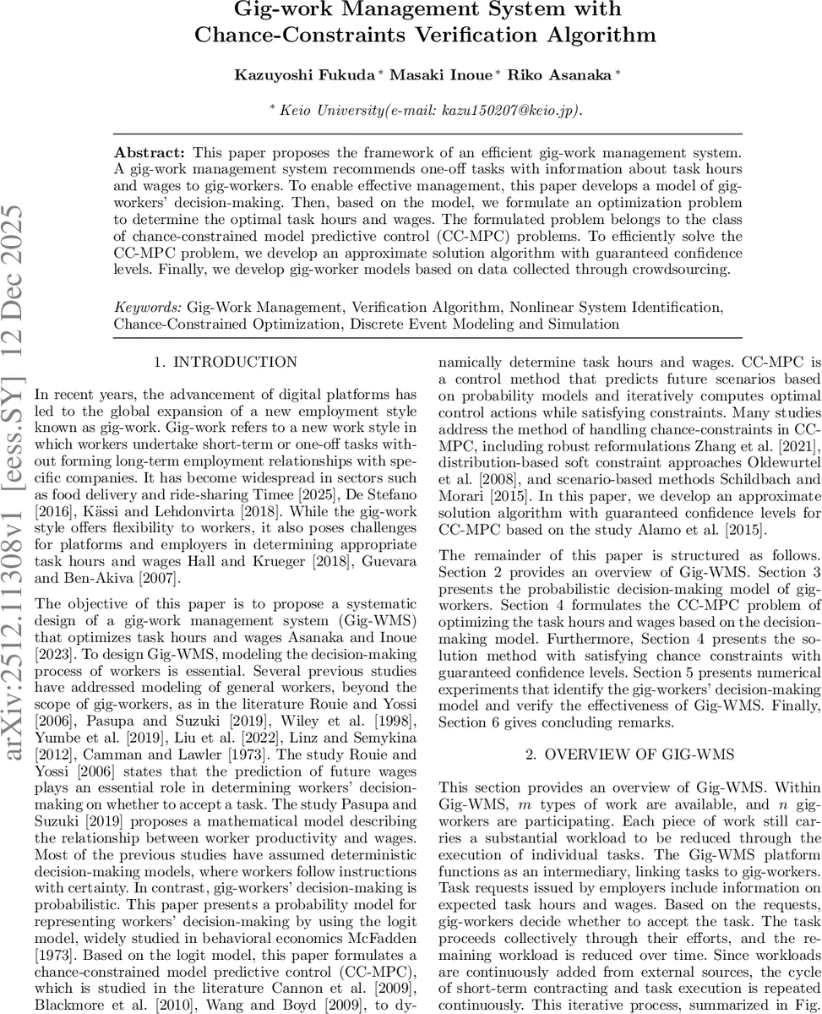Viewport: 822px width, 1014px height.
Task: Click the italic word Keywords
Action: click(x=148, y=308)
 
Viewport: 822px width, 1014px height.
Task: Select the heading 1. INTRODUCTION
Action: click(x=226, y=363)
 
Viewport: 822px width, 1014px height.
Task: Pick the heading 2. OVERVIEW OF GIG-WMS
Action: click(x=629, y=755)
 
